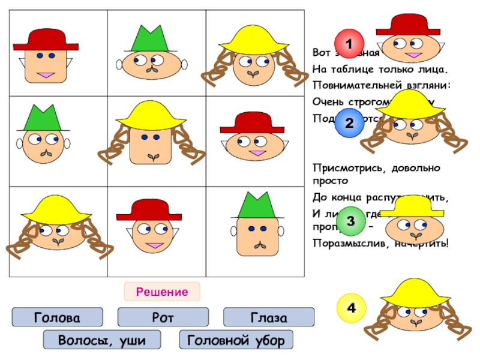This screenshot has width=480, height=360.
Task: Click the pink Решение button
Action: coord(162,292)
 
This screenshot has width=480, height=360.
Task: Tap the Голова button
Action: coord(58,317)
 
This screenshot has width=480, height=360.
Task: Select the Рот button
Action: coord(163,317)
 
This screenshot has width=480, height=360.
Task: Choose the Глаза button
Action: coord(269,317)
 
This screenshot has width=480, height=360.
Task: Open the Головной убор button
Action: coord(236,340)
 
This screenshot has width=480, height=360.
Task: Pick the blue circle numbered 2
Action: coord(349,124)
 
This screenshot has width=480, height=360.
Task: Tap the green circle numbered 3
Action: coord(350,222)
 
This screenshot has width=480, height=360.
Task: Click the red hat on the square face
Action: coord(46,39)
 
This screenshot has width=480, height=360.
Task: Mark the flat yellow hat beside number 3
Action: coord(412,207)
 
